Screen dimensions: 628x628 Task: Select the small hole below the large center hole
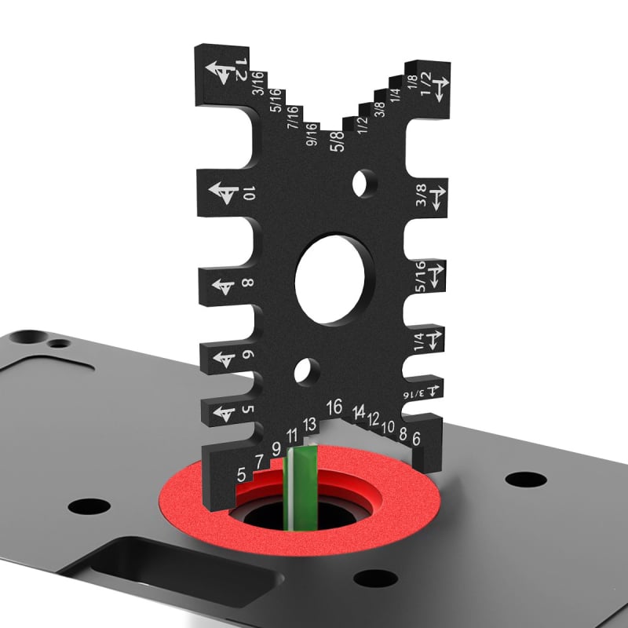(308, 371)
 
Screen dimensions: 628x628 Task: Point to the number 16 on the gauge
(335, 406)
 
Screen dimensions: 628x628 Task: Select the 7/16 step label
(294, 119)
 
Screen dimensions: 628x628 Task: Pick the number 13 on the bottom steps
(309, 424)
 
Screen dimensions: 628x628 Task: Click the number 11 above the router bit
(292, 436)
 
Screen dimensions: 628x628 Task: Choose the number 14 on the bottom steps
(360, 411)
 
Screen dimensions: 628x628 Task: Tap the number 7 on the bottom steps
(258, 462)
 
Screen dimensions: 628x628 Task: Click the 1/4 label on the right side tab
(419, 340)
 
